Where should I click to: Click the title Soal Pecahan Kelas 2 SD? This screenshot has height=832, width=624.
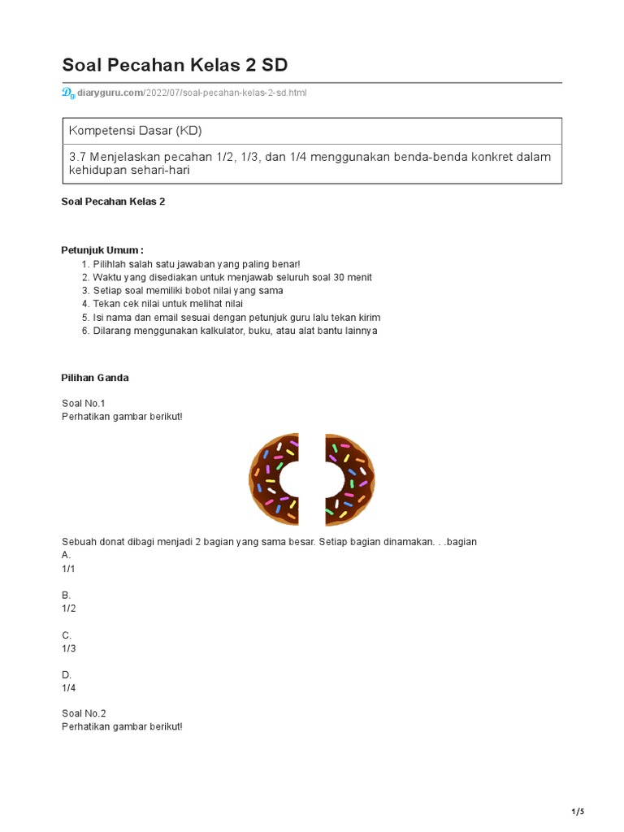175,65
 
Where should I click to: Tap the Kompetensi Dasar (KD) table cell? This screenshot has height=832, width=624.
135,131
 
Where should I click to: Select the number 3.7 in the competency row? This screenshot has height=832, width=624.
78,157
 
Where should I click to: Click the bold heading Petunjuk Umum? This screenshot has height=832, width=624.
102,249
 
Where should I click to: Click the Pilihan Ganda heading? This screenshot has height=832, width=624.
95,378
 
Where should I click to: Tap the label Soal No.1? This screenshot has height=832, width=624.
84,403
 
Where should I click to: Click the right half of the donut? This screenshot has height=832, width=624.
349,479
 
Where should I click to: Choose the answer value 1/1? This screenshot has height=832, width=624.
69,569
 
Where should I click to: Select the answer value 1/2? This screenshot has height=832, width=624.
69,609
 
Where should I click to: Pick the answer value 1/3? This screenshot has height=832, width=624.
69,648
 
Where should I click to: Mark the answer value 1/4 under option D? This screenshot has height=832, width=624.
69,688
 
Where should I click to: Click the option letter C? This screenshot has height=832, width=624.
67,635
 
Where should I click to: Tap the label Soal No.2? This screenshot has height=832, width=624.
84,713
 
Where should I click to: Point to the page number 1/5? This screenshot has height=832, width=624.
578,812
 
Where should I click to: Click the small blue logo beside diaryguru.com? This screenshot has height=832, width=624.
67,93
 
